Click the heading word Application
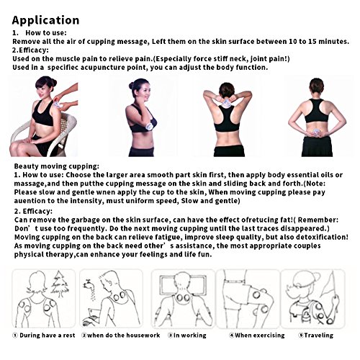[45, 21]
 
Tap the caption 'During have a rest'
[48, 336]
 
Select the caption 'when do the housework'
[123, 336]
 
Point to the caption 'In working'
[189, 336]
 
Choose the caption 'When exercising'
[260, 336]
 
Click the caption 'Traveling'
[319, 336]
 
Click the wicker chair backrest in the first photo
[67, 125]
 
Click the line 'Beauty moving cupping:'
[56, 166]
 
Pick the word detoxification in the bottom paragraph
[322, 237]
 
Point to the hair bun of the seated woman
[54, 82]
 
